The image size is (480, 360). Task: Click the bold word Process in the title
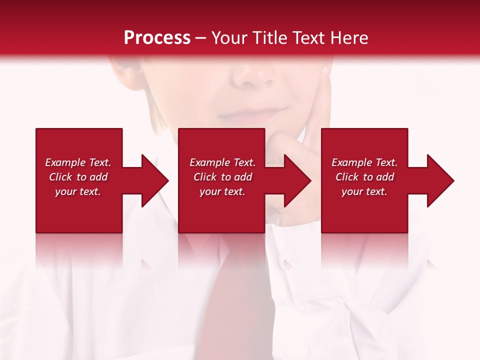point(157,38)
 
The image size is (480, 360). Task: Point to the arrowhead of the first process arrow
point(155,180)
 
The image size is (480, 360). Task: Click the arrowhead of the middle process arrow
point(297,180)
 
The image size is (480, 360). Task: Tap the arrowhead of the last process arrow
point(440,180)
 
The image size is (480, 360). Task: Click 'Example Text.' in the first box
point(78,162)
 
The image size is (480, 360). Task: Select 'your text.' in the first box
point(78,191)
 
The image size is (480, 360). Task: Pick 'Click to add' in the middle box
point(222,177)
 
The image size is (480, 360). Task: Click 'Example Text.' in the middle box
point(222,162)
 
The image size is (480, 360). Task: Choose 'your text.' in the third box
point(364,191)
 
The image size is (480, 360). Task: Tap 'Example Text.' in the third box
point(364,162)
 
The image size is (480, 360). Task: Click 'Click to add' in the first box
point(78,177)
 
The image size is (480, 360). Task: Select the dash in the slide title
point(200,38)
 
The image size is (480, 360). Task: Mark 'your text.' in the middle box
point(222,191)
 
